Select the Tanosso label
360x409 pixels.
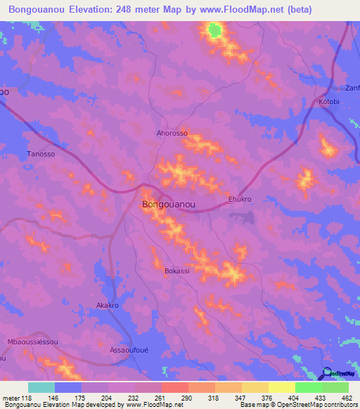point(40,153)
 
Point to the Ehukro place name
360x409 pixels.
point(240,199)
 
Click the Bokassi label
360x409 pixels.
point(176,270)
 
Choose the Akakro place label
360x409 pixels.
point(107,306)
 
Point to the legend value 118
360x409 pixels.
point(26,398)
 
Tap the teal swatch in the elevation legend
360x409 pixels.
point(41,387)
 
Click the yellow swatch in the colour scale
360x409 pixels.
point(282,387)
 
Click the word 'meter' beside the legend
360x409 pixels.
point(10,398)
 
